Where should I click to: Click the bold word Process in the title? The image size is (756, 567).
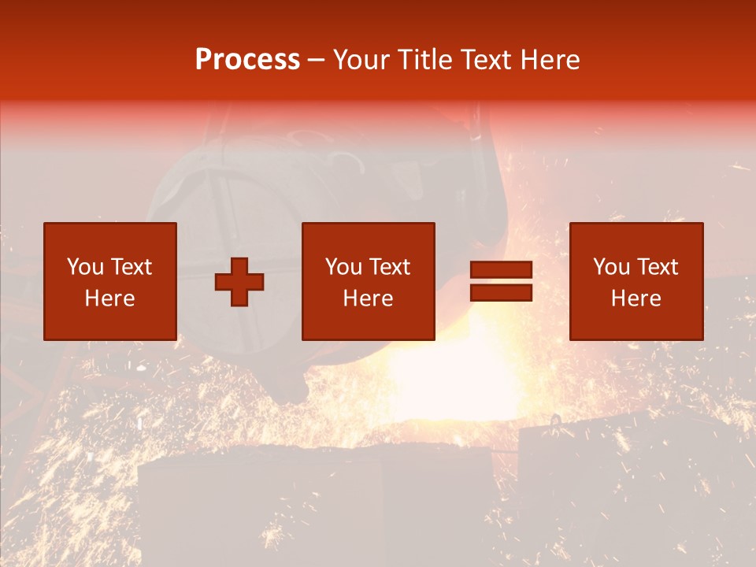point(247,59)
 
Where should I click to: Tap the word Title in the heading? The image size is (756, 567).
point(423,59)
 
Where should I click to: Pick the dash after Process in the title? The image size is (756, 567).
point(317,61)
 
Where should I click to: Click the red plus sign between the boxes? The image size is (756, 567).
point(239,281)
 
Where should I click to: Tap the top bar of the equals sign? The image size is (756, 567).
point(501,270)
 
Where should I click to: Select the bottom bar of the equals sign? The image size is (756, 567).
point(501,293)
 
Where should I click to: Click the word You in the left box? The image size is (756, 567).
point(85,267)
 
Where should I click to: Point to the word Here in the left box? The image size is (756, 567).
point(109,298)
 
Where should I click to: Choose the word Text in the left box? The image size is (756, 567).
point(130,267)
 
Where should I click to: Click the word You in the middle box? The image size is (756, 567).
point(343,267)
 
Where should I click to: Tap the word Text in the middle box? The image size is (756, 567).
point(388,267)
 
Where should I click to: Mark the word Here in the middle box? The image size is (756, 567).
point(368,298)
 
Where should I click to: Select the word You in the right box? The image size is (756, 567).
point(611,267)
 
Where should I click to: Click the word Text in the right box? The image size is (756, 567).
point(656,267)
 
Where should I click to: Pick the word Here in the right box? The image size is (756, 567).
point(636,298)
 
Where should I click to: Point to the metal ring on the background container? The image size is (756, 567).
point(555,420)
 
